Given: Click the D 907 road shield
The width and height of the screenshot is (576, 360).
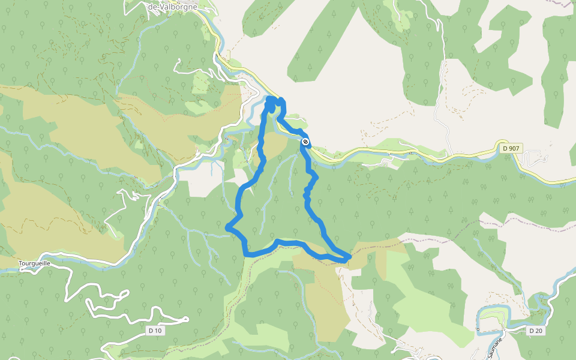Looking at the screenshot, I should [511, 148].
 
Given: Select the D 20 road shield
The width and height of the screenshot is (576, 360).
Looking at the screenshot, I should [536, 331].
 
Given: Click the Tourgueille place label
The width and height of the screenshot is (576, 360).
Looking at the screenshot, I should [34, 263].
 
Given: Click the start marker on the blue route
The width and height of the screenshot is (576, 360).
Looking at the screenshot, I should [305, 142].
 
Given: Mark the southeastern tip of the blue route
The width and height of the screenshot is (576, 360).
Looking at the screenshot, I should [348, 259].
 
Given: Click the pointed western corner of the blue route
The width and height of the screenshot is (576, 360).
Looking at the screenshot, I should [227, 227].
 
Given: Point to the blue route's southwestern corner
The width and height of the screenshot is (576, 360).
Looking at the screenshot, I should [247, 254].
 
